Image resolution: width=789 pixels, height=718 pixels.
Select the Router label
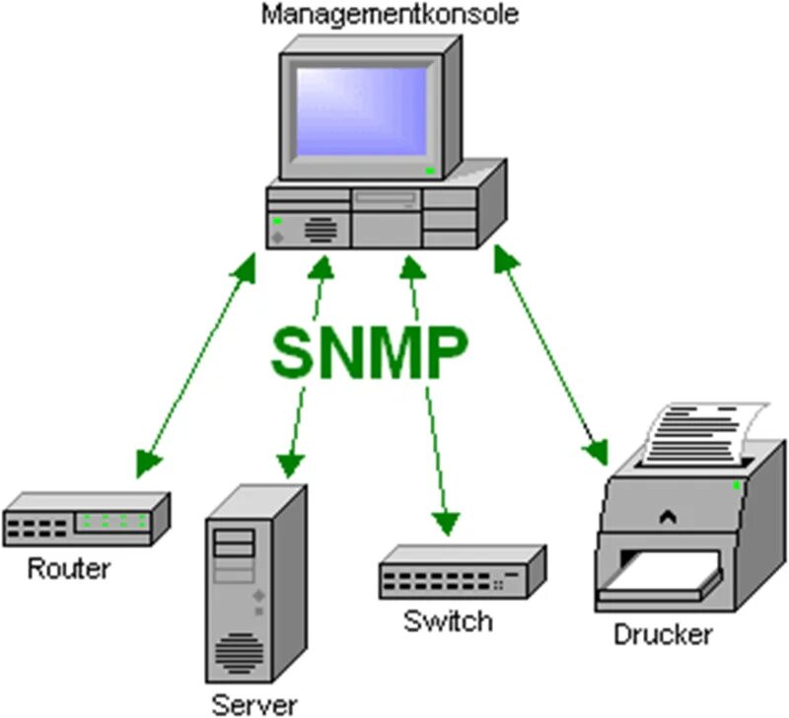point(69,568)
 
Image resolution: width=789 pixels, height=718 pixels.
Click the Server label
point(254,703)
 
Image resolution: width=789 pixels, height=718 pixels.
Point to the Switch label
point(447,621)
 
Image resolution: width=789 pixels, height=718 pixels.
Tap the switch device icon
point(463,573)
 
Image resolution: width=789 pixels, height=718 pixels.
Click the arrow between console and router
point(197,361)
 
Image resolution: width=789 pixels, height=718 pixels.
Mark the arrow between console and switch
point(429,395)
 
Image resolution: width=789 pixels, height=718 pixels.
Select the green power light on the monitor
point(430,171)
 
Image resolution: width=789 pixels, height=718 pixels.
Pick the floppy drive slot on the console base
point(388,200)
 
